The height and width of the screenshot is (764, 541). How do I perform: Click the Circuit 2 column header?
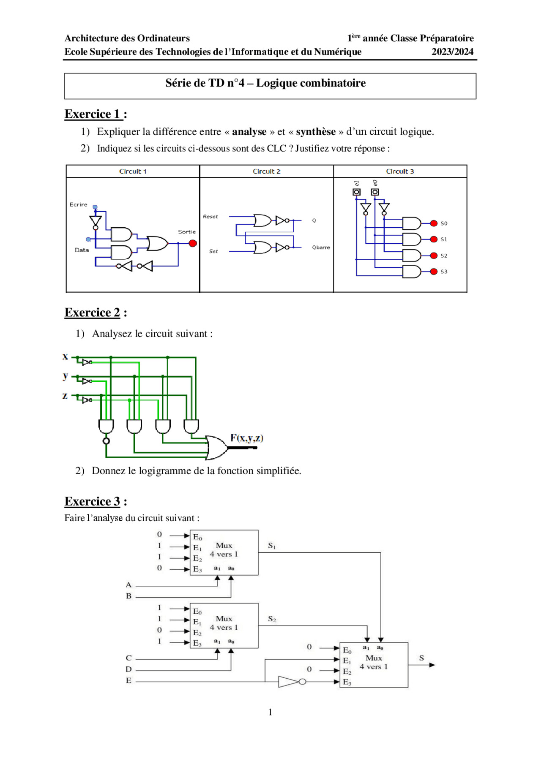pyautogui.click(x=266, y=171)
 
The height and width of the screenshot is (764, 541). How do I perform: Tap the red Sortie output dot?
pyautogui.click(x=193, y=243)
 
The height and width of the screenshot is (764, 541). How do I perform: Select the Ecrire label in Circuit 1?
pyautogui.click(x=78, y=204)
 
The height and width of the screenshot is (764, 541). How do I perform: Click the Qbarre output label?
pyautogui.click(x=321, y=247)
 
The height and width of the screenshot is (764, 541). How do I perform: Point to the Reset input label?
pyautogui.click(x=210, y=217)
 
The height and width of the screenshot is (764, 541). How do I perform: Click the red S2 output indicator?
pyautogui.click(x=434, y=256)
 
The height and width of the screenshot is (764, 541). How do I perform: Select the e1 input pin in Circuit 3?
pyautogui.click(x=357, y=192)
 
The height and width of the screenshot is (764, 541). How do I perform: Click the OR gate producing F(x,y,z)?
pyautogui.click(x=216, y=448)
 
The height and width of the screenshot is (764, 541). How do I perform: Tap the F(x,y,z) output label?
pyautogui.click(x=247, y=438)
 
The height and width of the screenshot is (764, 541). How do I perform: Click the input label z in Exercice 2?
pyautogui.click(x=65, y=396)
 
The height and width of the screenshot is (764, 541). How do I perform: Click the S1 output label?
pyautogui.click(x=272, y=546)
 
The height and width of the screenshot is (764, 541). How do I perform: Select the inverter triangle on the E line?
pyautogui.click(x=289, y=682)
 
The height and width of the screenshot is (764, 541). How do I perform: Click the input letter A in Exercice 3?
pyautogui.click(x=128, y=585)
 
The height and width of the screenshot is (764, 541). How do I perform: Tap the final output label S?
pyautogui.click(x=421, y=658)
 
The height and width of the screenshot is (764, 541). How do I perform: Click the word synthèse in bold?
pyautogui.click(x=316, y=132)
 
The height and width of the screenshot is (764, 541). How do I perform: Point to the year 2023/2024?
pyautogui.click(x=452, y=52)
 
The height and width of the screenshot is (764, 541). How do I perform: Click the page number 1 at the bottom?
pyautogui.click(x=270, y=712)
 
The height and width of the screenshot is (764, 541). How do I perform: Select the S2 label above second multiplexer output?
pyautogui.click(x=272, y=619)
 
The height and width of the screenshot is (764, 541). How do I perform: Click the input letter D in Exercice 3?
pyautogui.click(x=128, y=669)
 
